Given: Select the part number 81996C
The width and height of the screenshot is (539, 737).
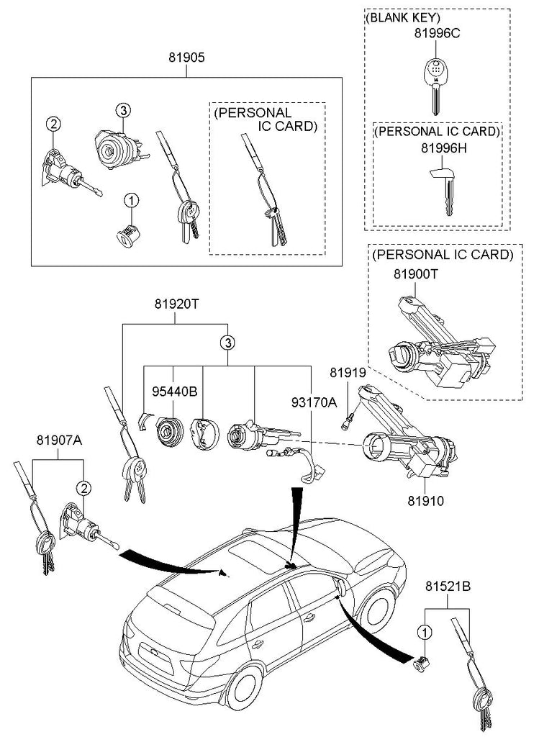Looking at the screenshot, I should (436, 33).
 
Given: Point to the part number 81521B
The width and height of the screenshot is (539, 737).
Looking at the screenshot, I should (448, 587).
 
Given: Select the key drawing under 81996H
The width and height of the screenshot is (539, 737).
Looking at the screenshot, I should (444, 189).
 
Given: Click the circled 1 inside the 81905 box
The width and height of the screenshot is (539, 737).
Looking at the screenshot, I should (132, 200).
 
